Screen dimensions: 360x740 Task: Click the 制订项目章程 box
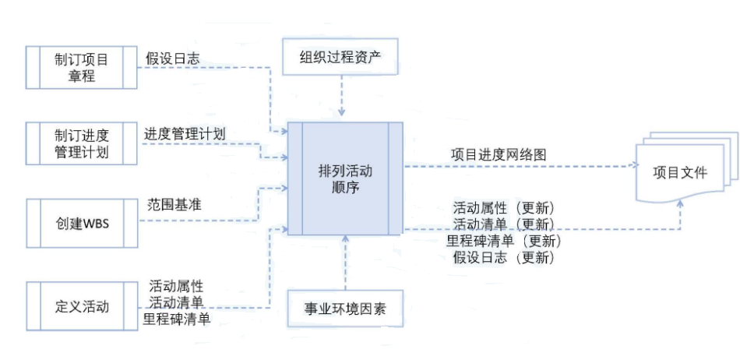pos(82,68)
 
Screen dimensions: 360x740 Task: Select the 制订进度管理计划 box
pos(82,142)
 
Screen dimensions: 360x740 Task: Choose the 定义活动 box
pos(82,305)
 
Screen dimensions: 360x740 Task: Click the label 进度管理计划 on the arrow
pos(185,134)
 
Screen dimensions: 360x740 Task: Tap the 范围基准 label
pos(174,206)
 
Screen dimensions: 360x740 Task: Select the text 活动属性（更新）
pos(504,208)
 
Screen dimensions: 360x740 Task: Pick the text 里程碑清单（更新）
pos(504,241)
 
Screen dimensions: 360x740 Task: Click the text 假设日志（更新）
pos(504,257)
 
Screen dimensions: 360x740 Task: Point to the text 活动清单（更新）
pos(504,224)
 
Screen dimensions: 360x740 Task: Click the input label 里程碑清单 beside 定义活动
pos(177,319)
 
